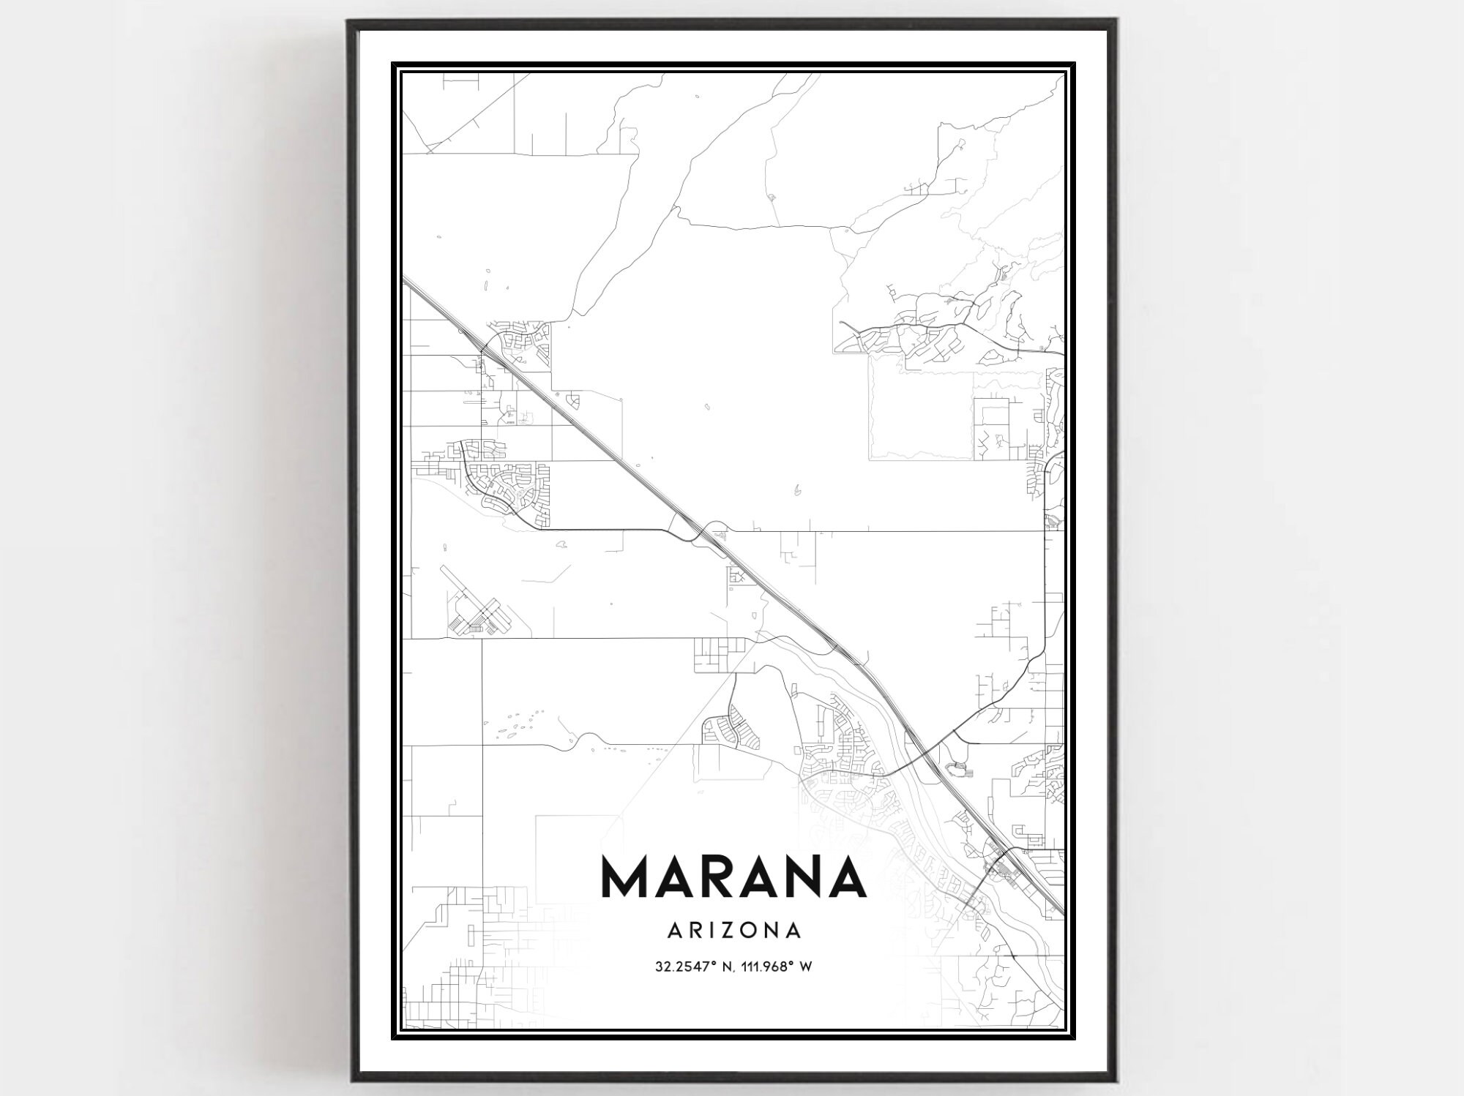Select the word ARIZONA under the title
coord(734,931)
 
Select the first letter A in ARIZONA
coord(676,931)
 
